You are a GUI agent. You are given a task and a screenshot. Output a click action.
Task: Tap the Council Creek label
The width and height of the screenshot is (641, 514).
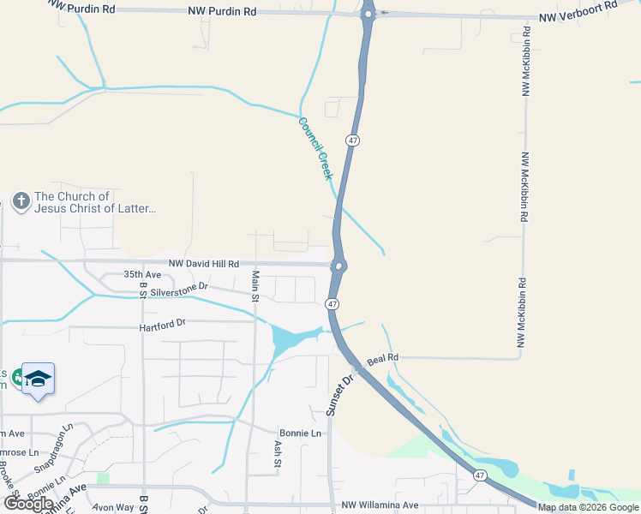click(314, 148)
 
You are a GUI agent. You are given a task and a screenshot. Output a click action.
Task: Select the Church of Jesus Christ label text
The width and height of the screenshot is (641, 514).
click(95, 202)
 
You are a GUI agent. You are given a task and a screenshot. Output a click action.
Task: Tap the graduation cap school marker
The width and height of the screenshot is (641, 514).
click(38, 378)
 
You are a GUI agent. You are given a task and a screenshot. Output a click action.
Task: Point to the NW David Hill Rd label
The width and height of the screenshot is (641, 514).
click(203, 264)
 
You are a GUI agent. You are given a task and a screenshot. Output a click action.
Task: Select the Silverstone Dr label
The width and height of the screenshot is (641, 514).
click(179, 289)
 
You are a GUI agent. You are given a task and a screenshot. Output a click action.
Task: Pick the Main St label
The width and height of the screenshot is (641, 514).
click(255, 287)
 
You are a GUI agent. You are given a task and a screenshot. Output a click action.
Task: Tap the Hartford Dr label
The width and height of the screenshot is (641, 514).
click(163, 325)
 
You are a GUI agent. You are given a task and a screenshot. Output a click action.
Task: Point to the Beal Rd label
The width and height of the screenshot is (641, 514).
click(382, 357)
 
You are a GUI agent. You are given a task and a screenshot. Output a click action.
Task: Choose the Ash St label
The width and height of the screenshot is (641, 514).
click(277, 453)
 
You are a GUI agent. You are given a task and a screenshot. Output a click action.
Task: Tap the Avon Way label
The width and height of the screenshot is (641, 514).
click(115, 507)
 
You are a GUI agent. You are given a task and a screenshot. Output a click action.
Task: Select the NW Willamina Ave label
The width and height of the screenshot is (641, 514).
click(379, 505)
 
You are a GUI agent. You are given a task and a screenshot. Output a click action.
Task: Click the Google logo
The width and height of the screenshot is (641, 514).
click(28, 503)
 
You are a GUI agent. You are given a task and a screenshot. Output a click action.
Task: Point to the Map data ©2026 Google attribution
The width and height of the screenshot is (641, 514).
click(588, 507)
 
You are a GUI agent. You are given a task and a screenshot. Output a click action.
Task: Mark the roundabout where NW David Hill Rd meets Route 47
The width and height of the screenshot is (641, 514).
click(338, 266)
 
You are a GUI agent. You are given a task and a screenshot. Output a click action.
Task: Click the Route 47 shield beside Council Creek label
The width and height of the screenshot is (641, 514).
click(352, 140)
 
